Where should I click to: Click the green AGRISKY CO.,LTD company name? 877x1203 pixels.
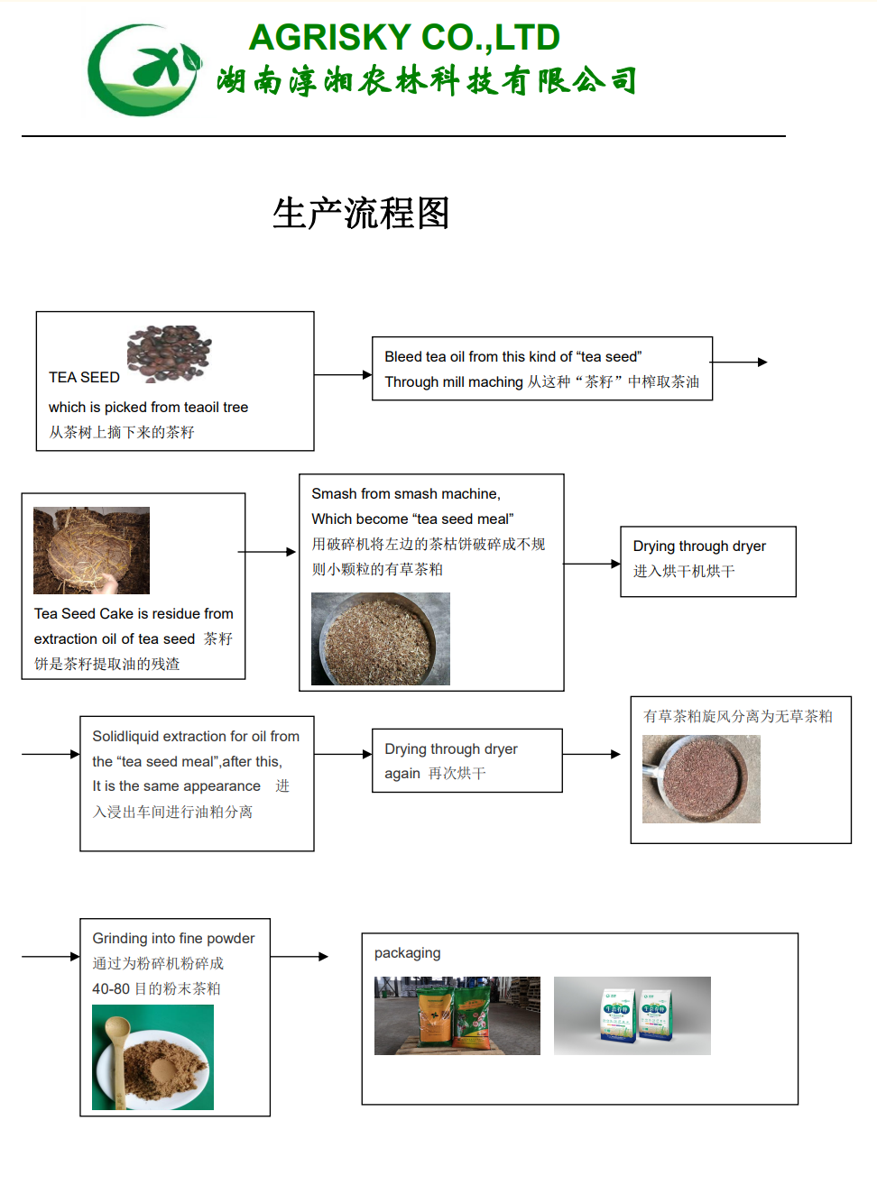point(404,38)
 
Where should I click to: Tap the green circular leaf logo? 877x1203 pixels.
point(144,69)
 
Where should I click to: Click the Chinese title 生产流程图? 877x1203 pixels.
point(361,213)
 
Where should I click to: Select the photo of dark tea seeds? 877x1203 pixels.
point(169,354)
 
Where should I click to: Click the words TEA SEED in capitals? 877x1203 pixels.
point(84,378)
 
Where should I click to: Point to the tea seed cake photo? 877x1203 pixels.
point(91,550)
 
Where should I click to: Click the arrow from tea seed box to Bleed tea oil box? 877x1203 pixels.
point(343,374)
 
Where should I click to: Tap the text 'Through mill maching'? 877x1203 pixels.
point(454,381)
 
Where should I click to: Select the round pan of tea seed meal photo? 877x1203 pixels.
point(381,638)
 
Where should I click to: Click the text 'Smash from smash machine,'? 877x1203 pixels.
point(406,493)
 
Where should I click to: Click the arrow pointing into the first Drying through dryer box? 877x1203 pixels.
point(592,564)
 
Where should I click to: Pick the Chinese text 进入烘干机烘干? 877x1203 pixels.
point(684,571)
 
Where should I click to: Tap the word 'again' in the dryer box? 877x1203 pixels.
point(402,774)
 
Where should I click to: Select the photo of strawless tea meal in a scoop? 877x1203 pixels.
point(701,779)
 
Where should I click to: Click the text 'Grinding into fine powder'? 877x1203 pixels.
point(173,938)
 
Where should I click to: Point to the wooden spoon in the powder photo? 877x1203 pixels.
point(117,1059)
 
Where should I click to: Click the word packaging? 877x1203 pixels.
point(407,953)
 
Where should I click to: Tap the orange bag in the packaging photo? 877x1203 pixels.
point(436,1017)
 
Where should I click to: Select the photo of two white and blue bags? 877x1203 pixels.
point(632,1015)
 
